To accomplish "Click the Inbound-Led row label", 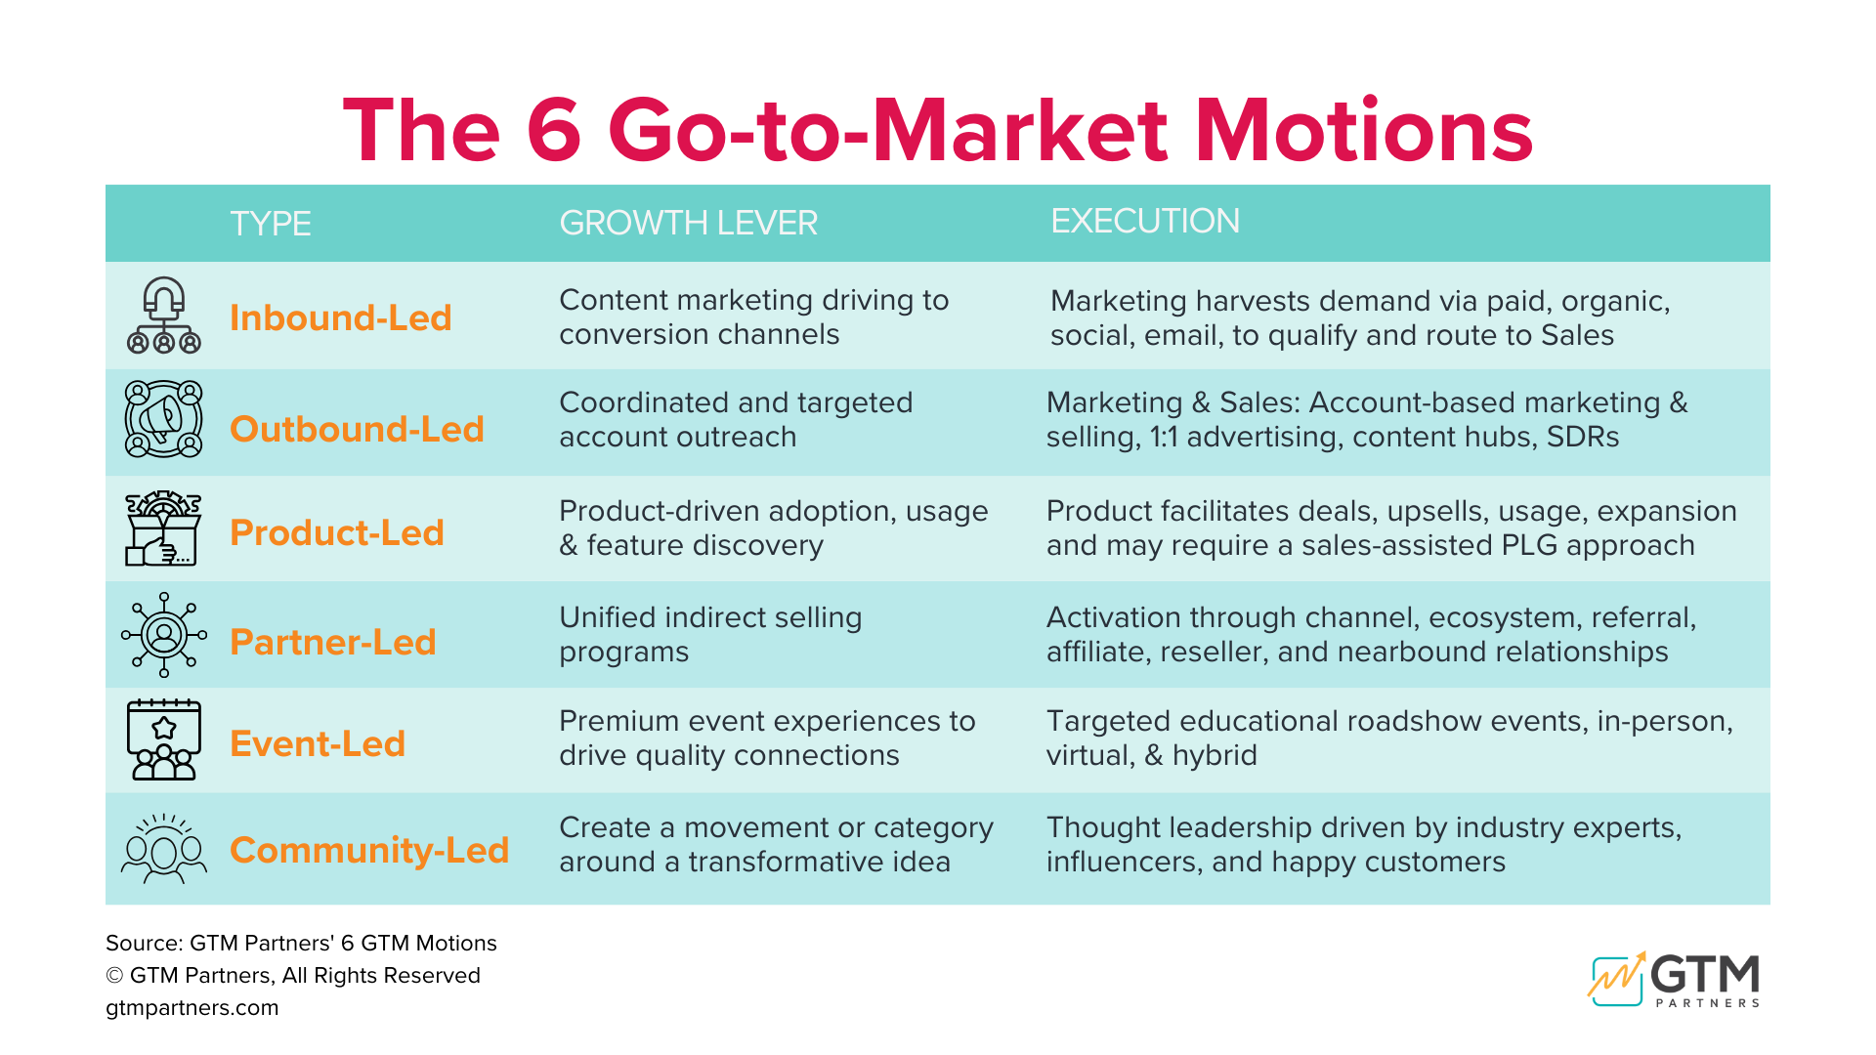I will click(x=340, y=318).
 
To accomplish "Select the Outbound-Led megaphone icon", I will click(x=163, y=419).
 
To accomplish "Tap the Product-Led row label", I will click(x=336, y=533).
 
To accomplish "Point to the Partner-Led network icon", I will click(x=163, y=635).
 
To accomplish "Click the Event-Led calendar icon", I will click(x=163, y=739).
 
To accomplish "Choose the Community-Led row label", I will click(x=368, y=850).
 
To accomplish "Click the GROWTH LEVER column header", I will click(x=688, y=223).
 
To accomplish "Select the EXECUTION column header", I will click(x=1144, y=221).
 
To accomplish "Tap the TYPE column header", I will click(x=270, y=224).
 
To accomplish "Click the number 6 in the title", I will click(x=554, y=131).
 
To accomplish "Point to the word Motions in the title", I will click(x=1364, y=131).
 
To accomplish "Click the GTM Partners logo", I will click(x=1674, y=978).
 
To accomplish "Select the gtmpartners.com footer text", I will click(x=192, y=1008).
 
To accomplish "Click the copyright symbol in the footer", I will click(x=114, y=976).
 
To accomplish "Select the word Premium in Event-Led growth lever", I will click(x=619, y=721).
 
